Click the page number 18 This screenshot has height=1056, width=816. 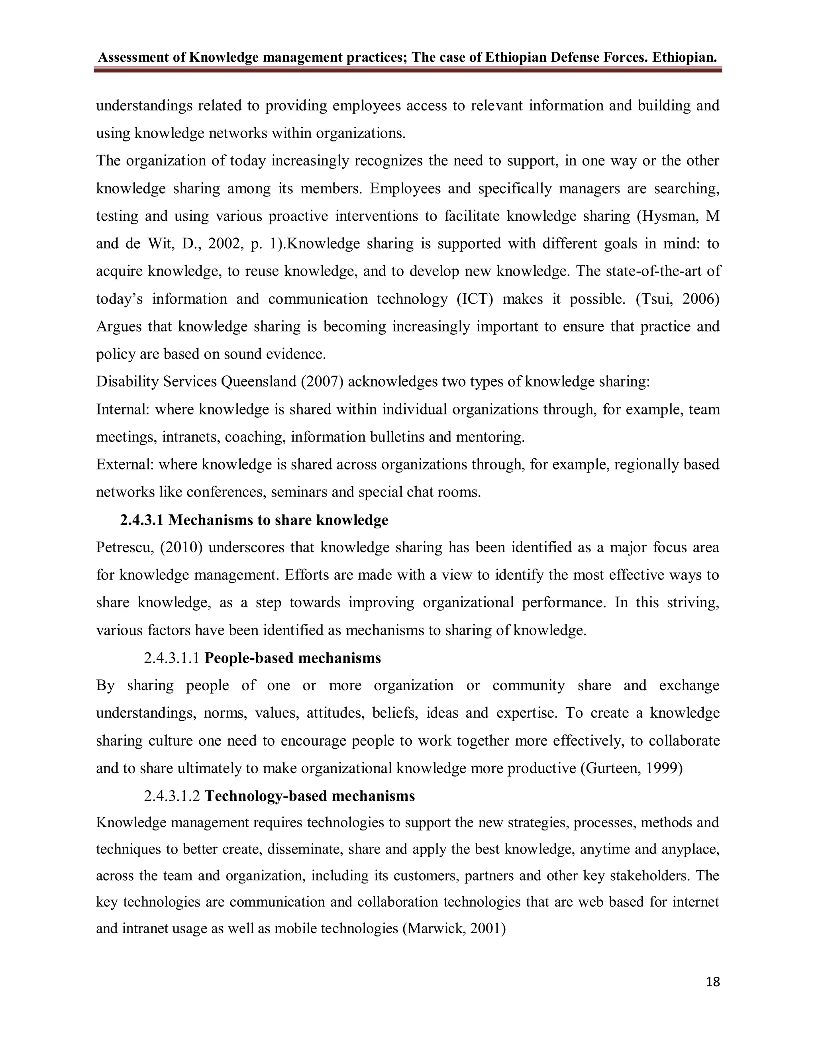[712, 982]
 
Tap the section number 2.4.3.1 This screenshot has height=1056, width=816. [142, 520]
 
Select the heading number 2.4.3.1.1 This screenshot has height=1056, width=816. [172, 658]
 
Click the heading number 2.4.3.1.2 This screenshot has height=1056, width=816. [172, 796]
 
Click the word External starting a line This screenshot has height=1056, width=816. [125, 465]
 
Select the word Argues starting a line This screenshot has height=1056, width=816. [119, 327]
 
